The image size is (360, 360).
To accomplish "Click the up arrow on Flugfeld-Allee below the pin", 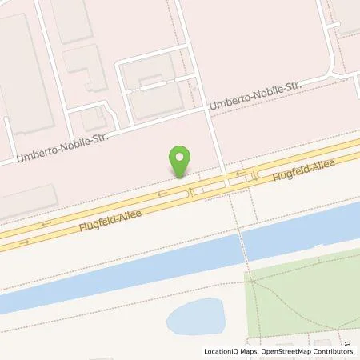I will (190, 192).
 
